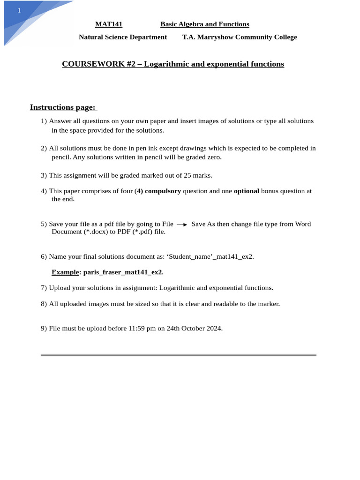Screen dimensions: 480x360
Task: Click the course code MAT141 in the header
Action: pyautogui.click(x=109, y=24)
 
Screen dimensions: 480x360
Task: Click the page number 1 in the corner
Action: pyautogui.click(x=19, y=10)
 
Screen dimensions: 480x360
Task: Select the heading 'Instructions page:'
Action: pyautogui.click(x=63, y=107)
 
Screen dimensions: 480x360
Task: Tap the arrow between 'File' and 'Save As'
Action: pyautogui.click(x=182, y=225)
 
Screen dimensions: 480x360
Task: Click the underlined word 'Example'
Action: pyautogui.click(x=65, y=272)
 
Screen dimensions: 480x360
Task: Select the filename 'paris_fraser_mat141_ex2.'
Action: pyautogui.click(x=123, y=272)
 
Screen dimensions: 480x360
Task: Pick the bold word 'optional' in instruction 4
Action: pyautogui.click(x=247, y=191)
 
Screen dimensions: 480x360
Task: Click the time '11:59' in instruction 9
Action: pyautogui.click(x=136, y=328)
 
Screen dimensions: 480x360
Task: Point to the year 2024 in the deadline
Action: pyautogui.click(x=213, y=328)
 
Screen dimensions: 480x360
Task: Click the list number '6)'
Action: pyautogui.click(x=44, y=256)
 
